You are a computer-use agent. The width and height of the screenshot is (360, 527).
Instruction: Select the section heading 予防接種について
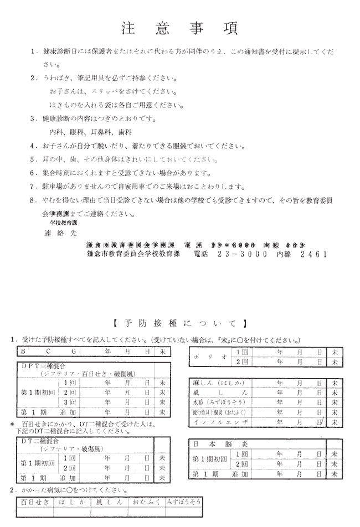(179, 323)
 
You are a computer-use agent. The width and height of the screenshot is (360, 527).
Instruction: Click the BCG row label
(48, 351)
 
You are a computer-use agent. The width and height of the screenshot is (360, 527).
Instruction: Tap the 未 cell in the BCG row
(162, 351)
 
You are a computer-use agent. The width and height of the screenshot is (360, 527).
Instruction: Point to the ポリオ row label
(210, 356)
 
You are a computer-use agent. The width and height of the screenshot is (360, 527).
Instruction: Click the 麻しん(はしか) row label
(214, 383)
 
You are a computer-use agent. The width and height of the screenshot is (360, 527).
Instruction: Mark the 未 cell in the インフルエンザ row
(334, 422)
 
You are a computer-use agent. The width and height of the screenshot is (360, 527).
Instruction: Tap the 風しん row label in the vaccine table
(214, 392)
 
